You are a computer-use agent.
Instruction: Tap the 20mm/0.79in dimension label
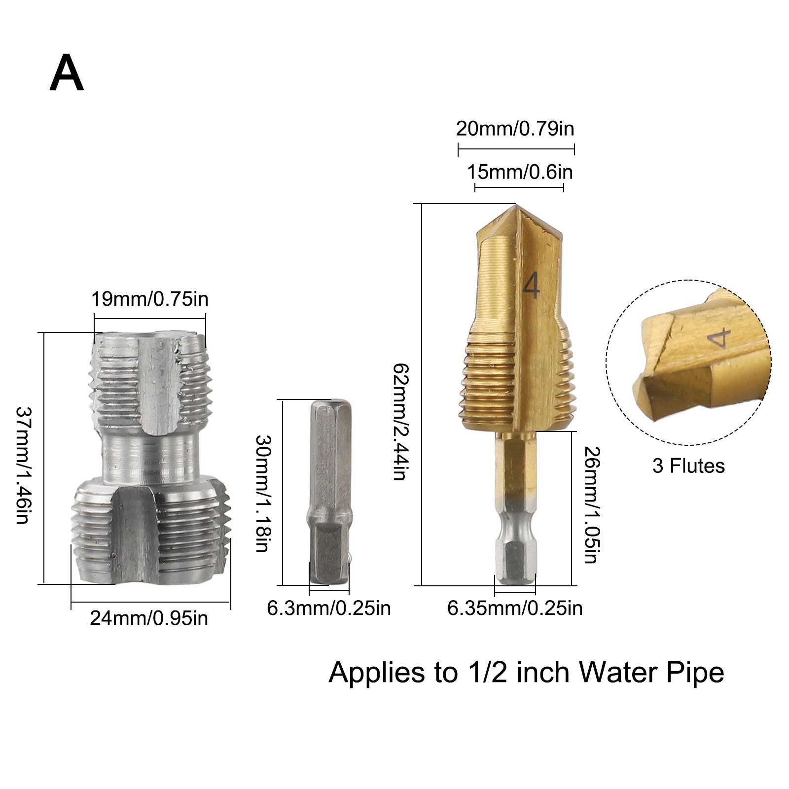pyautogui.click(x=515, y=129)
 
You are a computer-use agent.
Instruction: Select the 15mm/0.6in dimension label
pyautogui.click(x=519, y=173)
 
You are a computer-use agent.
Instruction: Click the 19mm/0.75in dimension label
pyautogui.click(x=150, y=299)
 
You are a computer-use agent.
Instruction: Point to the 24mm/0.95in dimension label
pyautogui.click(x=149, y=618)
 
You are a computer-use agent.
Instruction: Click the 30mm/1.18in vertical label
pyautogui.click(x=262, y=493)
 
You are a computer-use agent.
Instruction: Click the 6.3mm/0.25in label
pyautogui.click(x=328, y=609)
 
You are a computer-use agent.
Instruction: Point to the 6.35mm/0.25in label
pyautogui.click(x=514, y=609)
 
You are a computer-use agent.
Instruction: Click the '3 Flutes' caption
pyautogui.click(x=688, y=466)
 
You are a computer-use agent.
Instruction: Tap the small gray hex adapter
pyautogui.click(x=329, y=493)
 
